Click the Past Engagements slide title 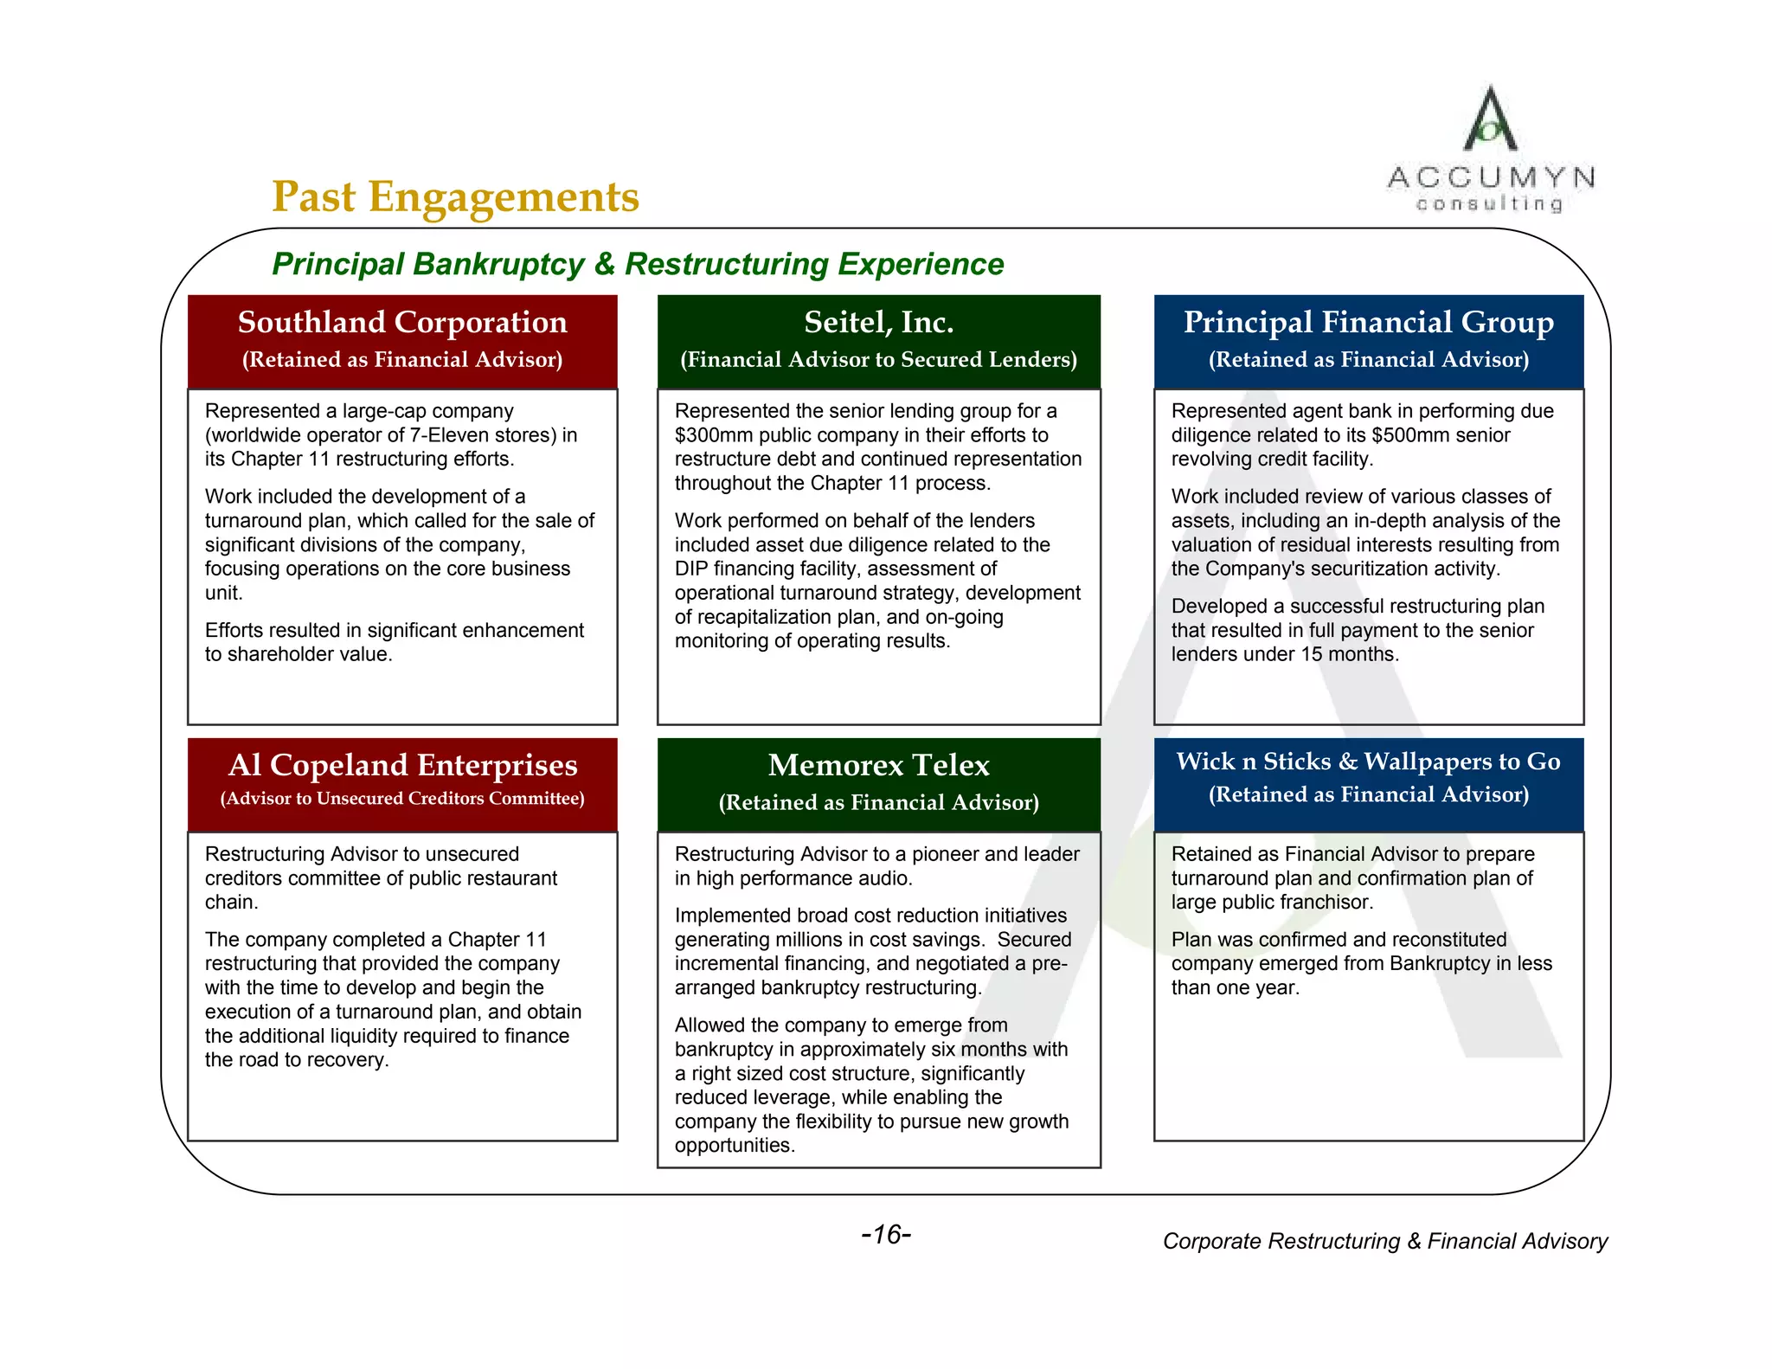[455, 196]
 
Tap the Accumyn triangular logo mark [1489, 120]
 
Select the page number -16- [886, 1234]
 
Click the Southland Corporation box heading [402, 323]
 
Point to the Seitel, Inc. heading [878, 323]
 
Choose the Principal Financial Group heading [1368, 323]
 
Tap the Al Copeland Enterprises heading [402, 766]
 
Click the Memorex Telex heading [878, 766]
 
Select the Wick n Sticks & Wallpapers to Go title [1368, 762]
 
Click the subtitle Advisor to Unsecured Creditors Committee [402, 799]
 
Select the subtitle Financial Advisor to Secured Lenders [878, 360]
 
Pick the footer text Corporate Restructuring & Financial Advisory [1384, 1241]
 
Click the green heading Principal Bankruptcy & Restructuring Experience [638, 264]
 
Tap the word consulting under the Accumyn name [1489, 204]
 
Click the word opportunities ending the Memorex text [734, 1146]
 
